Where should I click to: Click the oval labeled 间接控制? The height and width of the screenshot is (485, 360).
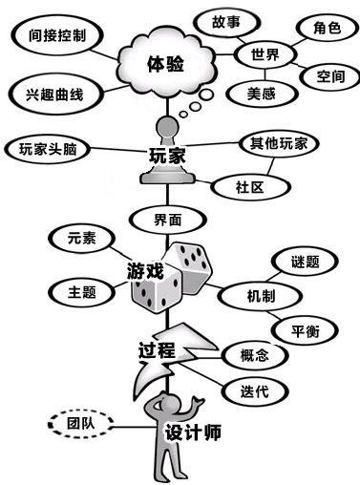[57, 35]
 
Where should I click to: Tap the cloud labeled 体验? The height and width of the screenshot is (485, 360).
[166, 64]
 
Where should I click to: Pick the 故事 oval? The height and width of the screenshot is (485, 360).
[226, 23]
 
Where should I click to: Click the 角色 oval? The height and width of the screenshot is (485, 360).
[328, 28]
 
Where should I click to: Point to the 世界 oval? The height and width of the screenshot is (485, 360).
[265, 54]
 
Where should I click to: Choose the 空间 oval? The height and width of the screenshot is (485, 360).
[330, 76]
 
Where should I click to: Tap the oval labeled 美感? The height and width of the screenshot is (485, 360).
[262, 94]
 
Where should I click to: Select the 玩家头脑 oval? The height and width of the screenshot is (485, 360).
[48, 149]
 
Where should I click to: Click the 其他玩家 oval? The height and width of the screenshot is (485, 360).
[279, 143]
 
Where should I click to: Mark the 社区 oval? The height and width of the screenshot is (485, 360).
[250, 187]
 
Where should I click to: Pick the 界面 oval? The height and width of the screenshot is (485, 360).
[168, 221]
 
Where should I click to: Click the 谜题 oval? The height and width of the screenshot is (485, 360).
[305, 262]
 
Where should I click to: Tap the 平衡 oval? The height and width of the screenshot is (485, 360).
[305, 331]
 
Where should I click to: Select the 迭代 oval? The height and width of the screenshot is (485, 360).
[255, 391]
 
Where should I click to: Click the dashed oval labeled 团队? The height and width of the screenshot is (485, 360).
[80, 424]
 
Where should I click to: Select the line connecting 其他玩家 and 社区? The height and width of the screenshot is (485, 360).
[271, 166]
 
